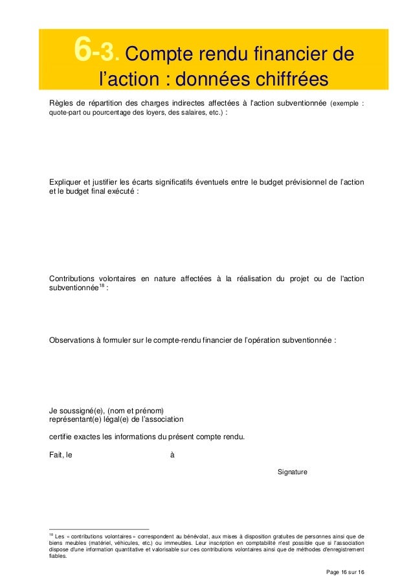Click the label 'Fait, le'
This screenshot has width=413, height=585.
point(61,455)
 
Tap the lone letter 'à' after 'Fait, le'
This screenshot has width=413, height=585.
point(172,455)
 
